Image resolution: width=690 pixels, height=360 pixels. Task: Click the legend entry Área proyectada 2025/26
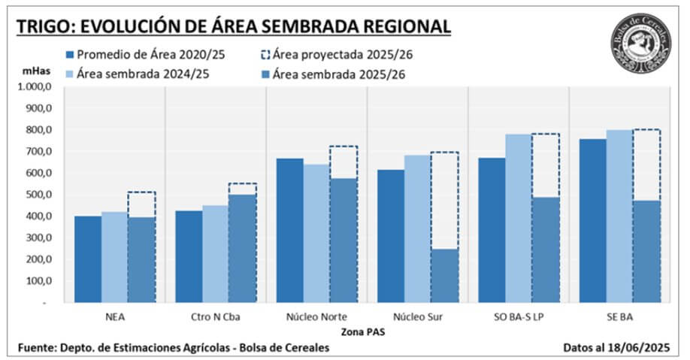(x=343, y=55)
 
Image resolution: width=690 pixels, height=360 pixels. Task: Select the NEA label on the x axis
(x=115, y=316)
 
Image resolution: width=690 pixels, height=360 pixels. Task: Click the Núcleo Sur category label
(x=417, y=316)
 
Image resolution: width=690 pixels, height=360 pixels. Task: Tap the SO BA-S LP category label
(x=518, y=316)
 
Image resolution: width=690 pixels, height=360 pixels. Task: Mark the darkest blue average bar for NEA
(x=88, y=259)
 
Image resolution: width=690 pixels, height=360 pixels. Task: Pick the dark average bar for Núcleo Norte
(x=289, y=230)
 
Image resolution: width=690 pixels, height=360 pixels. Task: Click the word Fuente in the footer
(x=39, y=347)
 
